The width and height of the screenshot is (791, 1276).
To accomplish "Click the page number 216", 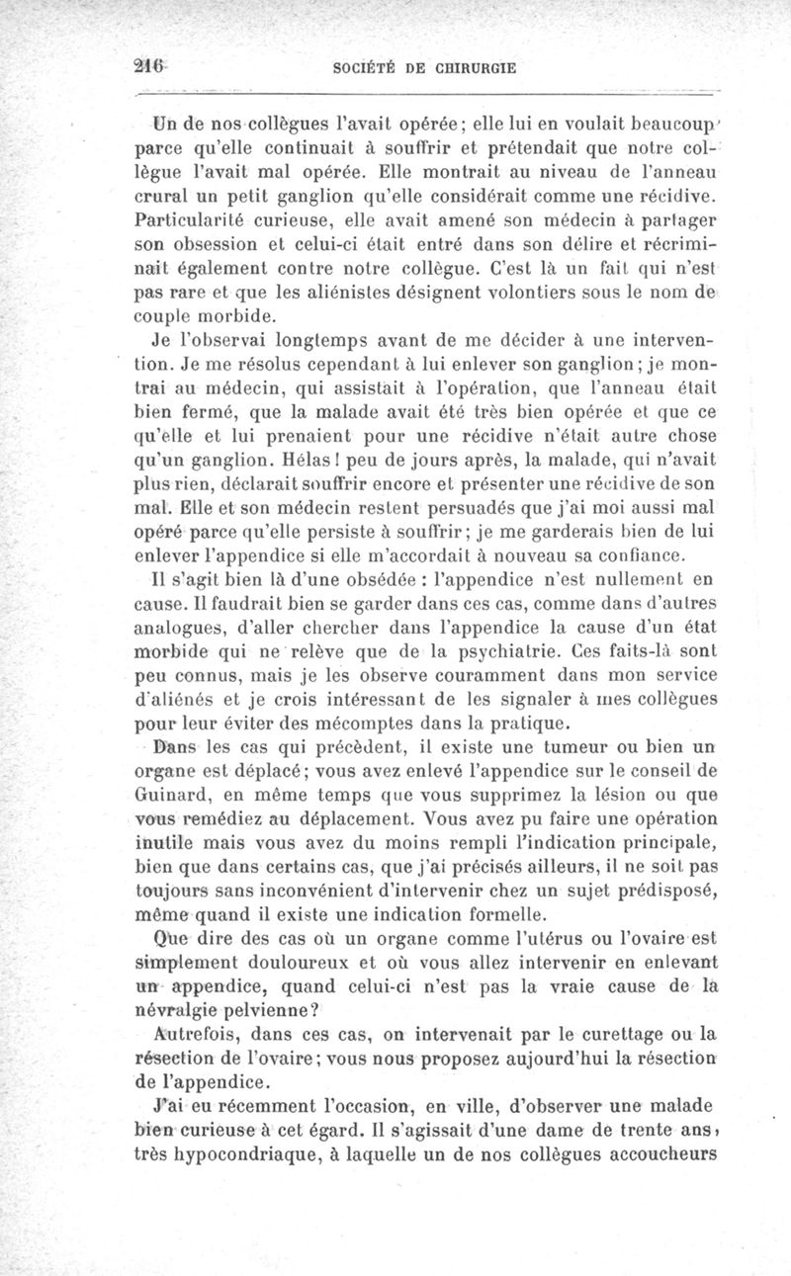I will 153,66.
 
